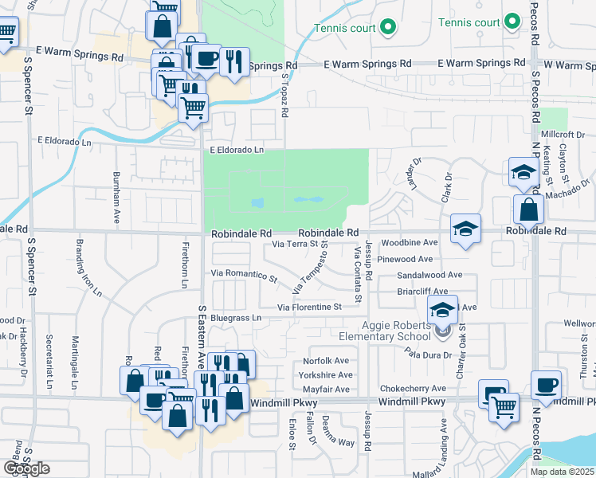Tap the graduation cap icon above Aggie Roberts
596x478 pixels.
(444, 310)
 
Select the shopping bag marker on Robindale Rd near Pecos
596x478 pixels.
(528, 210)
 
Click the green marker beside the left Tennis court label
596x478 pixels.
(388, 28)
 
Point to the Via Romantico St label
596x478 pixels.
(244, 276)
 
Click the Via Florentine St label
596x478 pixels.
(309, 307)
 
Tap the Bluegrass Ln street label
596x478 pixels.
(236, 318)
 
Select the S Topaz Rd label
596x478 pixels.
(284, 94)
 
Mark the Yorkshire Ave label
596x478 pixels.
(326, 374)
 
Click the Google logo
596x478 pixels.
(26, 468)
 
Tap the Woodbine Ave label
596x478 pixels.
(410, 242)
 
